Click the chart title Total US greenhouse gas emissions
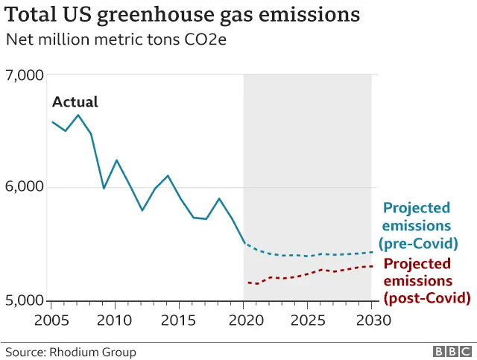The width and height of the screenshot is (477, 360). [x=183, y=15]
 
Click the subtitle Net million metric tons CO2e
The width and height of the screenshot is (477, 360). [x=116, y=40]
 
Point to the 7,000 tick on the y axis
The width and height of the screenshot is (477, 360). [x=25, y=75]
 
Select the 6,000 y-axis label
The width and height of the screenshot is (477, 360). [x=25, y=187]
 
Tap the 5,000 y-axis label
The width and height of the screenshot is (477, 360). [x=25, y=300]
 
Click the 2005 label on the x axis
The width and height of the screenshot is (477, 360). [x=51, y=320]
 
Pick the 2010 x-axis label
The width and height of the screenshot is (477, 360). [x=116, y=320]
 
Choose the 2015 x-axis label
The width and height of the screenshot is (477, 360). [x=180, y=320]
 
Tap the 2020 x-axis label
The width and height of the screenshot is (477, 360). [x=244, y=320]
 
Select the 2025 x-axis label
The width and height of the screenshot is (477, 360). [x=308, y=320]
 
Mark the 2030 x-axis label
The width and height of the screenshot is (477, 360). [x=371, y=320]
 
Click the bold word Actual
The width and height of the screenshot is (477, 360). [x=75, y=102]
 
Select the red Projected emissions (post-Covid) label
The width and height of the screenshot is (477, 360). [x=426, y=281]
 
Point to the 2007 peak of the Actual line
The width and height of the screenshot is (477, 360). [x=78, y=115]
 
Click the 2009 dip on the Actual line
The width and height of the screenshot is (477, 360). [x=104, y=188]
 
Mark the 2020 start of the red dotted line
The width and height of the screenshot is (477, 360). [x=247, y=282]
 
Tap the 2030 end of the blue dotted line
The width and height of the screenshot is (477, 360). [x=371, y=252]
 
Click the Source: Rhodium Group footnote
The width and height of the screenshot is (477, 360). [x=71, y=352]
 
